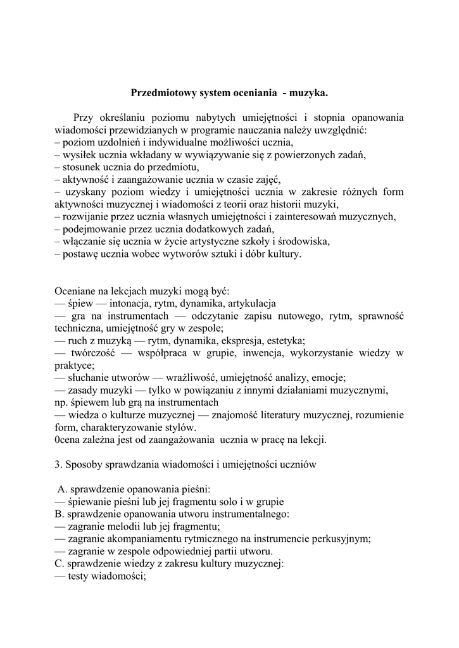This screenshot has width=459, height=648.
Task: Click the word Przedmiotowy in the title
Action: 161,92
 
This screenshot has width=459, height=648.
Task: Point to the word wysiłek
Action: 79,155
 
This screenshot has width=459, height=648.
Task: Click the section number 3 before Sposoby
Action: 58,464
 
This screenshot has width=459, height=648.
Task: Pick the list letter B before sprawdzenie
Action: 59,513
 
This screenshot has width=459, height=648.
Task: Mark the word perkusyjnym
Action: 341,539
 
